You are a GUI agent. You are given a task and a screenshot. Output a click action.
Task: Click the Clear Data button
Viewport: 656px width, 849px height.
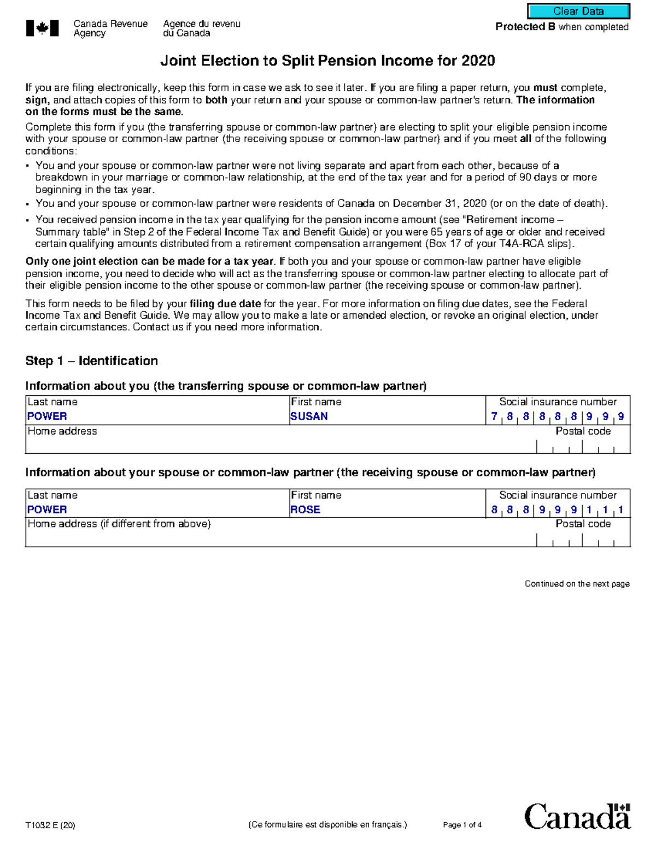578,11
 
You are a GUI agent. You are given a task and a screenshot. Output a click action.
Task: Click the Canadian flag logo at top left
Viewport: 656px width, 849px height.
42,28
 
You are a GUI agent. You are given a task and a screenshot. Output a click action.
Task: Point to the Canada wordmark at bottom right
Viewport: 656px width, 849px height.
577,817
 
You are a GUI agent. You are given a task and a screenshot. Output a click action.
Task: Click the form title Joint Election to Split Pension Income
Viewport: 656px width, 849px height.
327,61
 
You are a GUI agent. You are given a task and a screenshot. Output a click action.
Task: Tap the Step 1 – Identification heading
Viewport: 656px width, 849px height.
91,361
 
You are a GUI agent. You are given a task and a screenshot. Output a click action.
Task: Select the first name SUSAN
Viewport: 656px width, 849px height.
309,417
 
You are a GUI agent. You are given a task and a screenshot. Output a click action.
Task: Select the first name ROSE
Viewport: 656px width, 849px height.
305,510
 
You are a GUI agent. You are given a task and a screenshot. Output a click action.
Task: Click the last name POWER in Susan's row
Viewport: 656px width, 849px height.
47,417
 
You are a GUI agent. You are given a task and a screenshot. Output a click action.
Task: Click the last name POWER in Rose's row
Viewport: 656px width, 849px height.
47,510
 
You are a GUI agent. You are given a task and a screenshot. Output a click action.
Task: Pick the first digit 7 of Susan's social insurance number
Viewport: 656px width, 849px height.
494,417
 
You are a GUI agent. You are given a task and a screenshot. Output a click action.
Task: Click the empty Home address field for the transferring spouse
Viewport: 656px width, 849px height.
273,446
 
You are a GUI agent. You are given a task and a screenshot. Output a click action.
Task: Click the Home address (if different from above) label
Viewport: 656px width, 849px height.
119,524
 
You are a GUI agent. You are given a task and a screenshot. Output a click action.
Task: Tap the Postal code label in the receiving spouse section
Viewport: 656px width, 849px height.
583,524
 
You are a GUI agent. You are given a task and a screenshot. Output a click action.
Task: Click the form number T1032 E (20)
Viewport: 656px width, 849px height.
50,825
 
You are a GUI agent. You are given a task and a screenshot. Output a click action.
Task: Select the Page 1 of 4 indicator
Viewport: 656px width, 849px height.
462,825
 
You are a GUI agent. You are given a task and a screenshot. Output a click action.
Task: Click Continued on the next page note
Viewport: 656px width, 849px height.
577,584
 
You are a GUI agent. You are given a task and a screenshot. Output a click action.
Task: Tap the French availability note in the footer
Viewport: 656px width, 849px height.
327,825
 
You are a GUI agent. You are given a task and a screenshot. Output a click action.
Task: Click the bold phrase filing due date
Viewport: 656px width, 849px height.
225,304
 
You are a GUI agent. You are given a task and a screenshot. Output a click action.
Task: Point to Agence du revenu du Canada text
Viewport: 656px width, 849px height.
201,28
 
